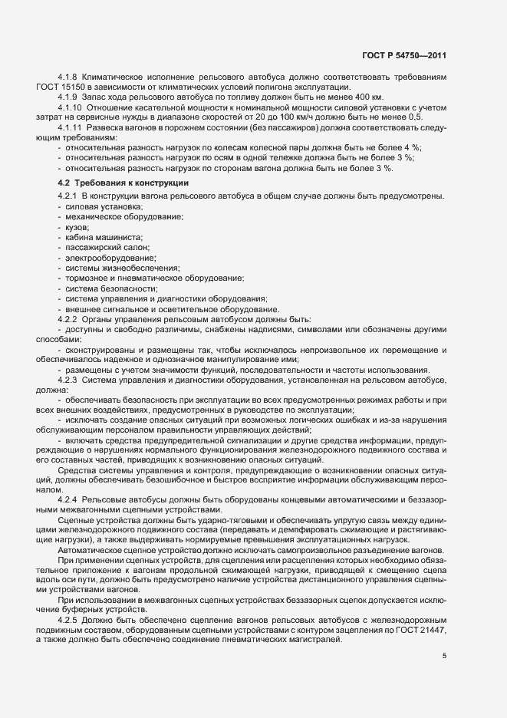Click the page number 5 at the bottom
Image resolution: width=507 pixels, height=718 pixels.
click(445, 655)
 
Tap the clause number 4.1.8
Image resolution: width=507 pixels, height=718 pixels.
click(68, 79)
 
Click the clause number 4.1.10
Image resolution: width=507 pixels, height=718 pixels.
click(71, 108)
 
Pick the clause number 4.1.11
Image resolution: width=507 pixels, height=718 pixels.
click(71, 127)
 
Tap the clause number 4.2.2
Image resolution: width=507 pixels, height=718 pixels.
click(68, 318)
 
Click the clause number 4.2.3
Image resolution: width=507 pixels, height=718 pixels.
click(68, 380)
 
